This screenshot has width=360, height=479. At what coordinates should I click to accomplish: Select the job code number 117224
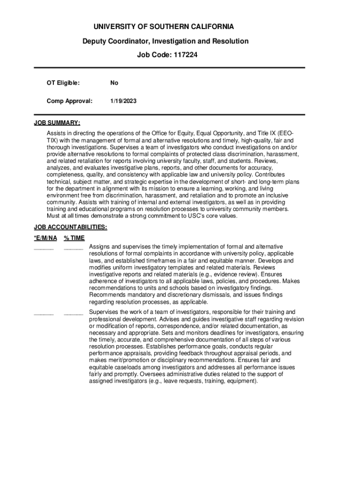coord(186,55)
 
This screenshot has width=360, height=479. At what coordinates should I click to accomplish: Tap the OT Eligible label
coord(63,83)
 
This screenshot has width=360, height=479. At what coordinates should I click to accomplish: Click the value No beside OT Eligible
coord(114,83)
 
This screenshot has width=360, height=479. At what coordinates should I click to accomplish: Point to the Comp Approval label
coord(70,101)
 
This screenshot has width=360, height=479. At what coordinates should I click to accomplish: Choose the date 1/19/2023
coord(123,101)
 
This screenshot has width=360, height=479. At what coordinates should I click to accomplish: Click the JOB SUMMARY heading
coord(57,123)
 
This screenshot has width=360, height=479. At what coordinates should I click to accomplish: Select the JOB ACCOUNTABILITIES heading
coord(71,227)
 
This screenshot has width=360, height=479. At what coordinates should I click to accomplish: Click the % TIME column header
coord(74,238)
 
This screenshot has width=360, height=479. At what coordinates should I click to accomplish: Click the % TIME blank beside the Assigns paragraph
coord(73,248)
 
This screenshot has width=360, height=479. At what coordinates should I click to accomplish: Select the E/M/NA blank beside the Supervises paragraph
coord(43,314)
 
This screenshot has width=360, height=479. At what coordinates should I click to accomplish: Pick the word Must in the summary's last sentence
coord(54,216)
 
